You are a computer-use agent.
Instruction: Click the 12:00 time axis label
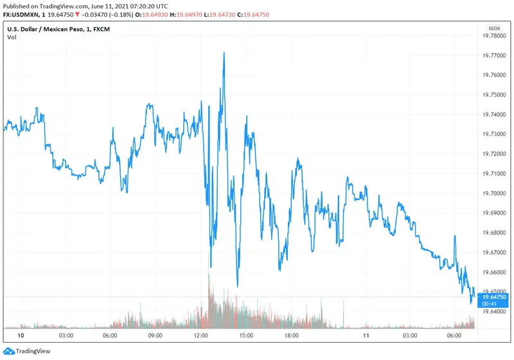click(200, 336)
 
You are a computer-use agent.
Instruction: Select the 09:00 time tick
click(155, 336)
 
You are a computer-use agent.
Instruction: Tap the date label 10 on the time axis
click(21, 336)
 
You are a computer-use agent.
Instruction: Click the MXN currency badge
click(493, 28)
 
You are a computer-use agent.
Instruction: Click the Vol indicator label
click(12, 37)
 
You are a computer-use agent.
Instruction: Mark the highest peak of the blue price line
click(224, 53)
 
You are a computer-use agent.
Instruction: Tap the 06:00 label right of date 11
click(454, 336)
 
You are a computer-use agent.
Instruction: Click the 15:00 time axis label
click(246, 336)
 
